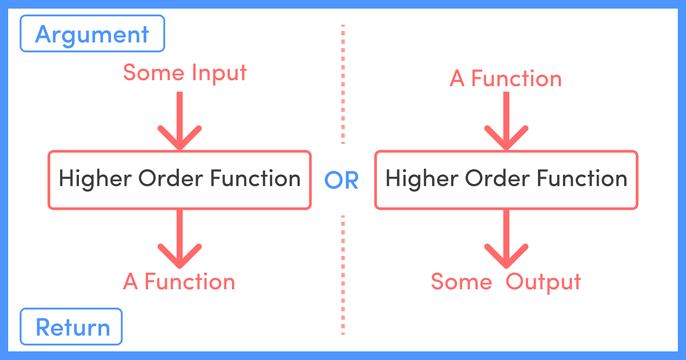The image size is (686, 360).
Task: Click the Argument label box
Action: (x=92, y=34)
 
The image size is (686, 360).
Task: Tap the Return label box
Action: (x=71, y=327)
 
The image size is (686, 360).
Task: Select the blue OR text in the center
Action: (x=342, y=181)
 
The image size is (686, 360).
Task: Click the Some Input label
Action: (x=185, y=73)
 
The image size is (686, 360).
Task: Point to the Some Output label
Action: (x=505, y=282)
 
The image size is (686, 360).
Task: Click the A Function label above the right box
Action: (x=505, y=78)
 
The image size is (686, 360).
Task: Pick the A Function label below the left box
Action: (x=179, y=282)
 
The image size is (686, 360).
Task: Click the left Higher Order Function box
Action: (x=180, y=179)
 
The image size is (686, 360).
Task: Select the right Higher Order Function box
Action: (x=506, y=179)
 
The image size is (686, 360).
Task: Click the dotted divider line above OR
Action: (x=343, y=86)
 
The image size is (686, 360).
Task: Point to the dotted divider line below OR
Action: (x=343, y=274)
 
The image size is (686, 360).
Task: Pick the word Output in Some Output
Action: (x=543, y=282)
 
